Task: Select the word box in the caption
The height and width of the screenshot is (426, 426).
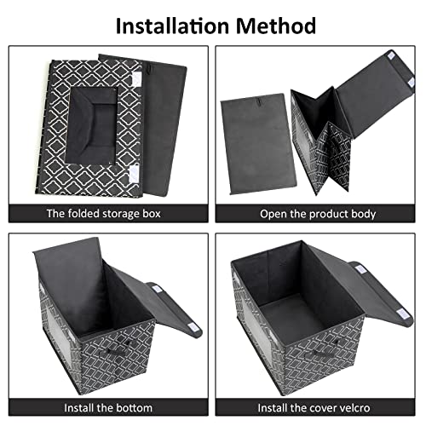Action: [154, 213]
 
